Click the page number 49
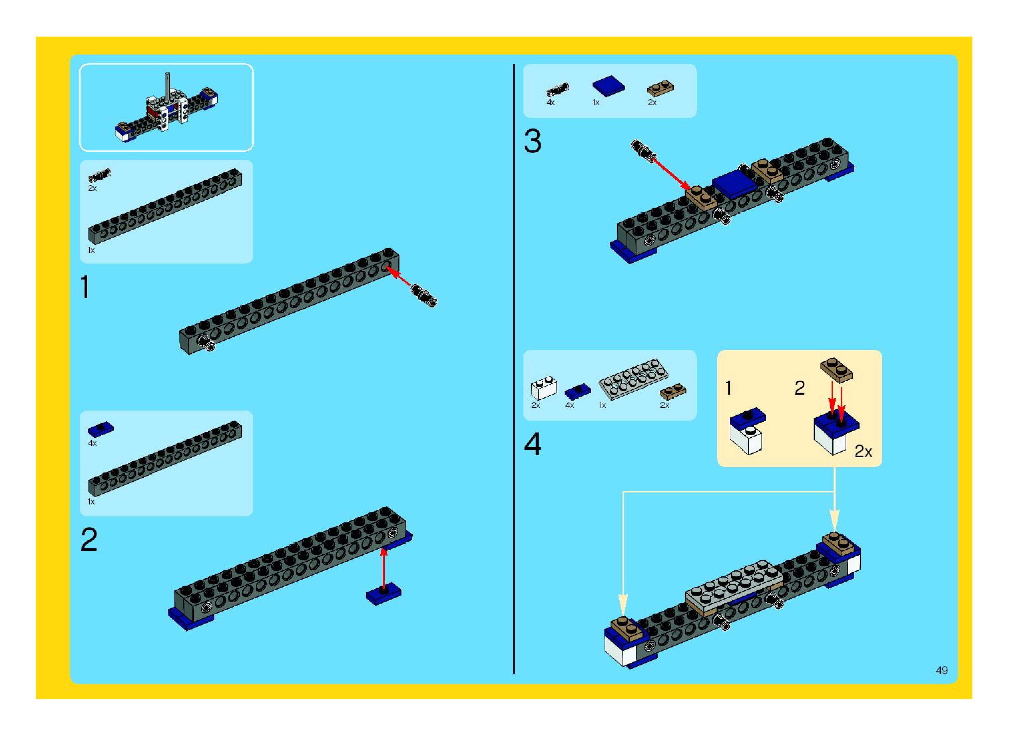[941, 670]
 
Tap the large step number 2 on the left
[89, 540]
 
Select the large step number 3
[532, 142]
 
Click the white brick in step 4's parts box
[544, 388]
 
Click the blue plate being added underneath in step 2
[383, 593]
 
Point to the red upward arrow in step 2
[383, 567]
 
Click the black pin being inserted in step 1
[424, 296]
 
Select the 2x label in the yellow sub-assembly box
[863, 452]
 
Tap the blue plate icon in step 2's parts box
[101, 429]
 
